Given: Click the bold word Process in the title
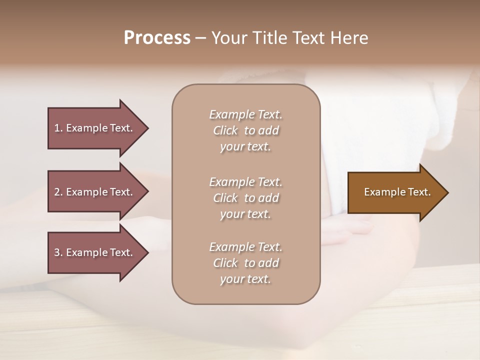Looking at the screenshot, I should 157,38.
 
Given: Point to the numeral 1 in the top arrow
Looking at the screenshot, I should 57,128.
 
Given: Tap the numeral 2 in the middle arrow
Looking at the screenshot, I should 57,192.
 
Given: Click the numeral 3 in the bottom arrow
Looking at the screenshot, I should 57,252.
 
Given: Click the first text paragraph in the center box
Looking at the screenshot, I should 245,130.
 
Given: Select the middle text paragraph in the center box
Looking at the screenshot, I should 245,198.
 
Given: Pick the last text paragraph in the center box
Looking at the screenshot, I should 245,263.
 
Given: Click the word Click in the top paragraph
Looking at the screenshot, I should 225,130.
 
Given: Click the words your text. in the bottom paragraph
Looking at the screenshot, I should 245,279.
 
